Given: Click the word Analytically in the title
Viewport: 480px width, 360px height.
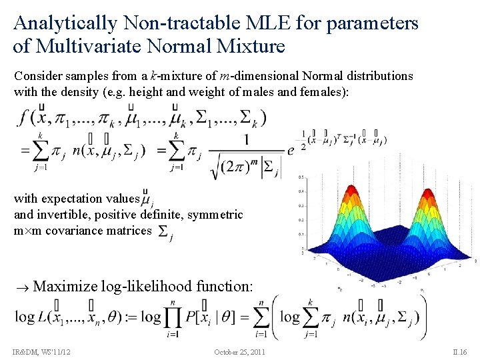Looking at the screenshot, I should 65,24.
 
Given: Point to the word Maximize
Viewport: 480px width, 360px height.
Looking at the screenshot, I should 65,287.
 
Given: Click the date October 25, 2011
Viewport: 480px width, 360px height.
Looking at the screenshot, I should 239,351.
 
